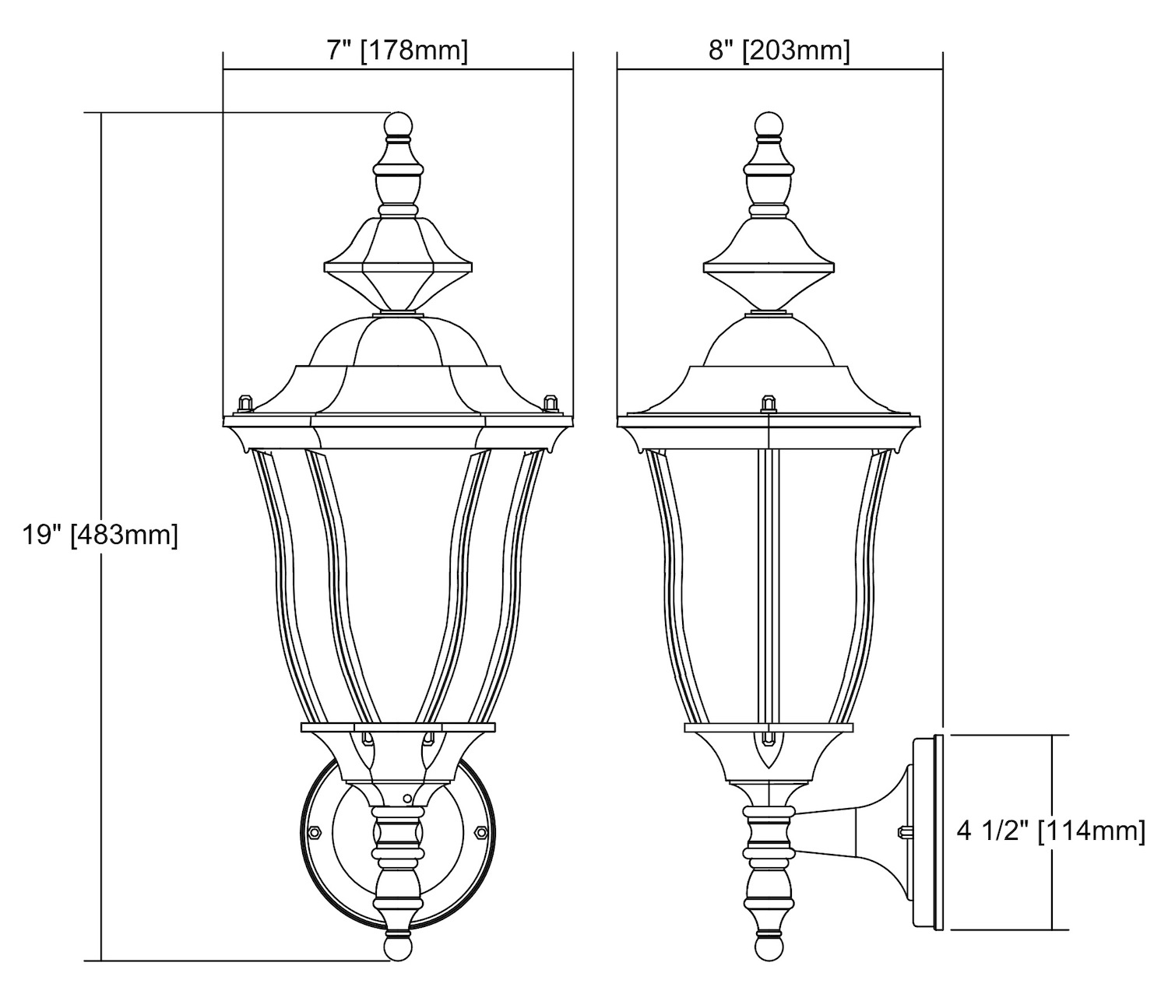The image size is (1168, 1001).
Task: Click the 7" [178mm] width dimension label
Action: [x=397, y=51]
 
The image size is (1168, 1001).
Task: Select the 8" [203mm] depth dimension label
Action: [x=779, y=51]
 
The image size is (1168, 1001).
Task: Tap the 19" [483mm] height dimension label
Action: [x=100, y=535]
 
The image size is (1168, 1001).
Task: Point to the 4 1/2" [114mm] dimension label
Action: [x=1051, y=831]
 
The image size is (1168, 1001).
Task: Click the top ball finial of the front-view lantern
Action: [x=399, y=125]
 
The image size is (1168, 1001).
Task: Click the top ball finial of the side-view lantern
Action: [x=769, y=125]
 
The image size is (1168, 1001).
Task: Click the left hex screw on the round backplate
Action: [x=313, y=832]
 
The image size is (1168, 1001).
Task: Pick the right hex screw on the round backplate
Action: [x=481, y=831]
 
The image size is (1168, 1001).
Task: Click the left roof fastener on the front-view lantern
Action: [x=245, y=402]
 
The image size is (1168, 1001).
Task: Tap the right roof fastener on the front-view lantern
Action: [x=549, y=402]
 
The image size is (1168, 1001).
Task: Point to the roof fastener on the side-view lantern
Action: [x=769, y=403]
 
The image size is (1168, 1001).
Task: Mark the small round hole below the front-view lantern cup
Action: [x=406, y=799]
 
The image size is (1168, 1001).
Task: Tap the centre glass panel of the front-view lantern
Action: [x=399, y=582]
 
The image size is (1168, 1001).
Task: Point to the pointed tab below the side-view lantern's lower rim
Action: [x=769, y=751]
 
